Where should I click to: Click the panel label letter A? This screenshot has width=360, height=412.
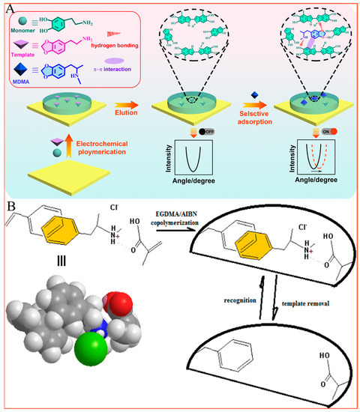7,7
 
